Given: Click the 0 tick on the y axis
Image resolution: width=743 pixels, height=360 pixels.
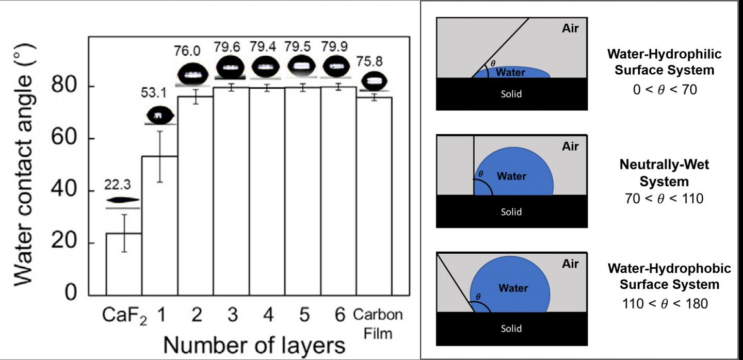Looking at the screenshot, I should pyautogui.click(x=70, y=295).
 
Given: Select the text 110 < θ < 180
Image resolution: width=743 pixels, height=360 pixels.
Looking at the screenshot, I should pyautogui.click(x=665, y=303).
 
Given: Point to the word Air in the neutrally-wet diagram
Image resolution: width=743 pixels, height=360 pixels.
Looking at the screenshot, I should pyautogui.click(x=570, y=146).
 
